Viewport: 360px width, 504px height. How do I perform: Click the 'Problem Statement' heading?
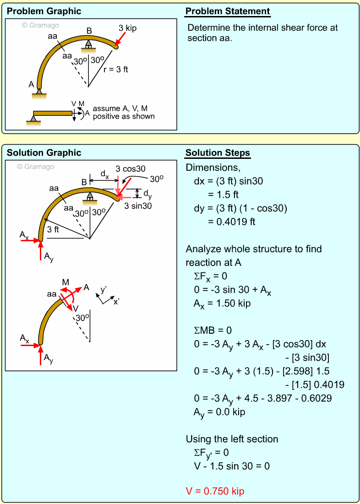coord(228,11)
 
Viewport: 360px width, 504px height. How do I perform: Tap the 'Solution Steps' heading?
coord(218,153)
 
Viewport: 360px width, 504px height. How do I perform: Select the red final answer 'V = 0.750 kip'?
coord(215,491)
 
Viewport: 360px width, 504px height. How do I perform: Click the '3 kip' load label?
coord(127,28)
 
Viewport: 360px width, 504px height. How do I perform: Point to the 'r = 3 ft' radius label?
coord(115,70)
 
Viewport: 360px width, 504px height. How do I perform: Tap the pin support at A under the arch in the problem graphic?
coord(39,92)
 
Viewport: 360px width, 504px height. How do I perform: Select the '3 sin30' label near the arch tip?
coord(138,206)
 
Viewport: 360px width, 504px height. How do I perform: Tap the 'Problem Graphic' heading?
coord(44,11)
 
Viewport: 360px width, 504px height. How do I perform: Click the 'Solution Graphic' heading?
coord(44,153)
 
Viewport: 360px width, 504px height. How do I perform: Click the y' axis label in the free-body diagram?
coord(104,290)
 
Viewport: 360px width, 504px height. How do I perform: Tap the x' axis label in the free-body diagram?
coord(116,302)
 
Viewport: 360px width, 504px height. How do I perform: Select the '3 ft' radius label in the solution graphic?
coord(53,229)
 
